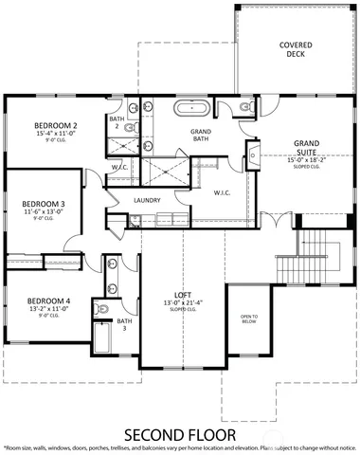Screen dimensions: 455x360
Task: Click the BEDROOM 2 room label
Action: tap(55, 126)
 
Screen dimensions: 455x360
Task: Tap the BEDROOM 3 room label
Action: tap(43, 203)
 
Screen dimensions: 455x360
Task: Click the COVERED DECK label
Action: tap(296, 50)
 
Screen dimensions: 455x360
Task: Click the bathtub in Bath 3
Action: tap(101, 338)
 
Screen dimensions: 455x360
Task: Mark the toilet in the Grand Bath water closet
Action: tap(248, 109)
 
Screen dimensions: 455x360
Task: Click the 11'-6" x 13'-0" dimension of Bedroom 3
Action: tap(43, 211)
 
